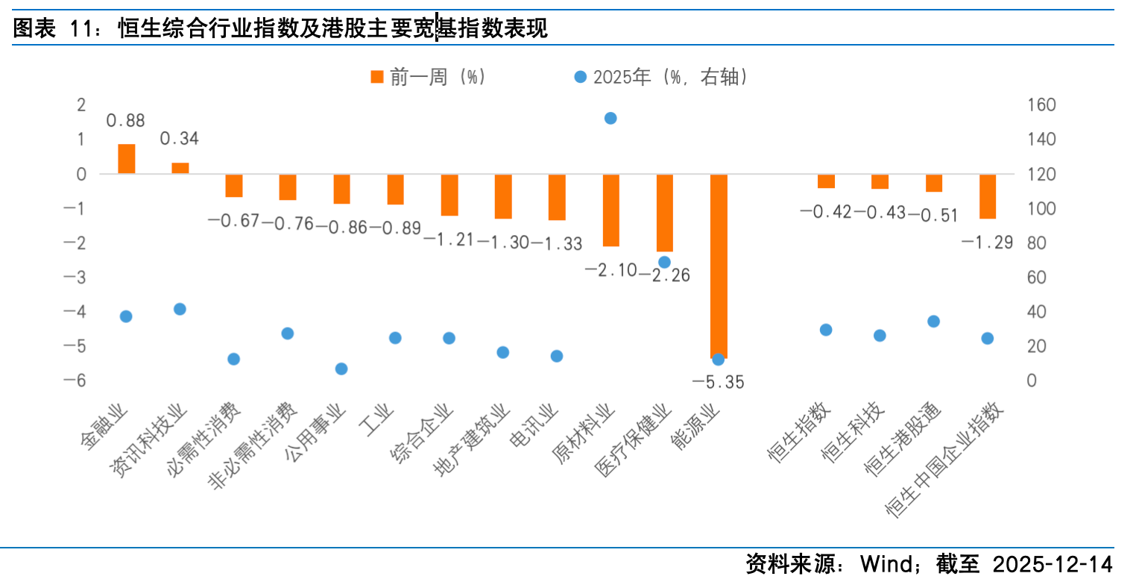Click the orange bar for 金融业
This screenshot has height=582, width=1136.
pyautogui.click(x=127, y=159)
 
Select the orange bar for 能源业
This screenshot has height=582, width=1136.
pyautogui.click(x=719, y=265)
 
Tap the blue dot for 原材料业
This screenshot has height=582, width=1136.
pyautogui.click(x=610, y=118)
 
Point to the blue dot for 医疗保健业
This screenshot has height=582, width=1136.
pyautogui.click(x=664, y=262)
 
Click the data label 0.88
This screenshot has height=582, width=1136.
pyautogui.click(x=125, y=120)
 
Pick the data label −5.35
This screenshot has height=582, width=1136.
pyautogui.click(x=718, y=383)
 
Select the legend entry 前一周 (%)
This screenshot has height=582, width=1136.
pyautogui.click(x=428, y=77)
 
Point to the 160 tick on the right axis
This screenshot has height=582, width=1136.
pyautogui.click(x=1041, y=105)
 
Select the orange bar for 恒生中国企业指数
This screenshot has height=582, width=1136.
pyautogui.click(x=988, y=196)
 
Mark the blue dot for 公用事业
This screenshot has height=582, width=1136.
pyautogui.click(x=341, y=369)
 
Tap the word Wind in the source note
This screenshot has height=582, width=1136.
pyautogui.click(x=886, y=563)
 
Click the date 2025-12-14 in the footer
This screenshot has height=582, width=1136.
pyautogui.click(x=1052, y=563)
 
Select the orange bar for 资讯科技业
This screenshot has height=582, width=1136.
pyautogui.click(x=180, y=168)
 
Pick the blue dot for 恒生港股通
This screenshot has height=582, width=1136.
pyautogui.click(x=933, y=322)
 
